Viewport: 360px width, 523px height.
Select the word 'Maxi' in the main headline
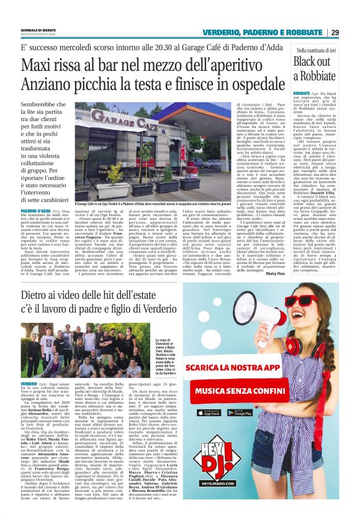click(38, 65)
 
